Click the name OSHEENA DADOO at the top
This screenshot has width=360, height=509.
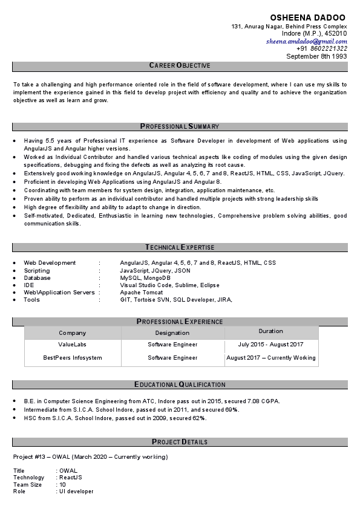[308, 18]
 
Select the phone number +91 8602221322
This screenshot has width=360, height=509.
[322, 48]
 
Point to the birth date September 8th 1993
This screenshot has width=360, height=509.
[316, 56]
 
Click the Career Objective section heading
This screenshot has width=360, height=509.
[180, 65]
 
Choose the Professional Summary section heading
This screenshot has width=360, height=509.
[180, 126]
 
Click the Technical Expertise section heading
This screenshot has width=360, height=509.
[180, 247]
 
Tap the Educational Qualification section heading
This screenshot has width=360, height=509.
[180, 384]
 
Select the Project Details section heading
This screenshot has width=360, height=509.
[180, 442]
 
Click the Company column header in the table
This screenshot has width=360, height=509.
[72, 332]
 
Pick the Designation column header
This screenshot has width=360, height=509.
[172, 332]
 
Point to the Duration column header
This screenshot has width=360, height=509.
[270, 331]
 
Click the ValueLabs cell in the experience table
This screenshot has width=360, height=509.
[72, 345]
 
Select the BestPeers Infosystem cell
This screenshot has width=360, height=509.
[72, 358]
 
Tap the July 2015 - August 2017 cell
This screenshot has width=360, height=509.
[270, 345]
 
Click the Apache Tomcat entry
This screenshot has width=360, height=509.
[139, 292]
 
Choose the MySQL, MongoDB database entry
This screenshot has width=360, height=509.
[141, 277]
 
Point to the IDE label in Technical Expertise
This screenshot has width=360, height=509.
[29, 285]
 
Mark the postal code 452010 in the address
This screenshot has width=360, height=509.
[336, 34]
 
